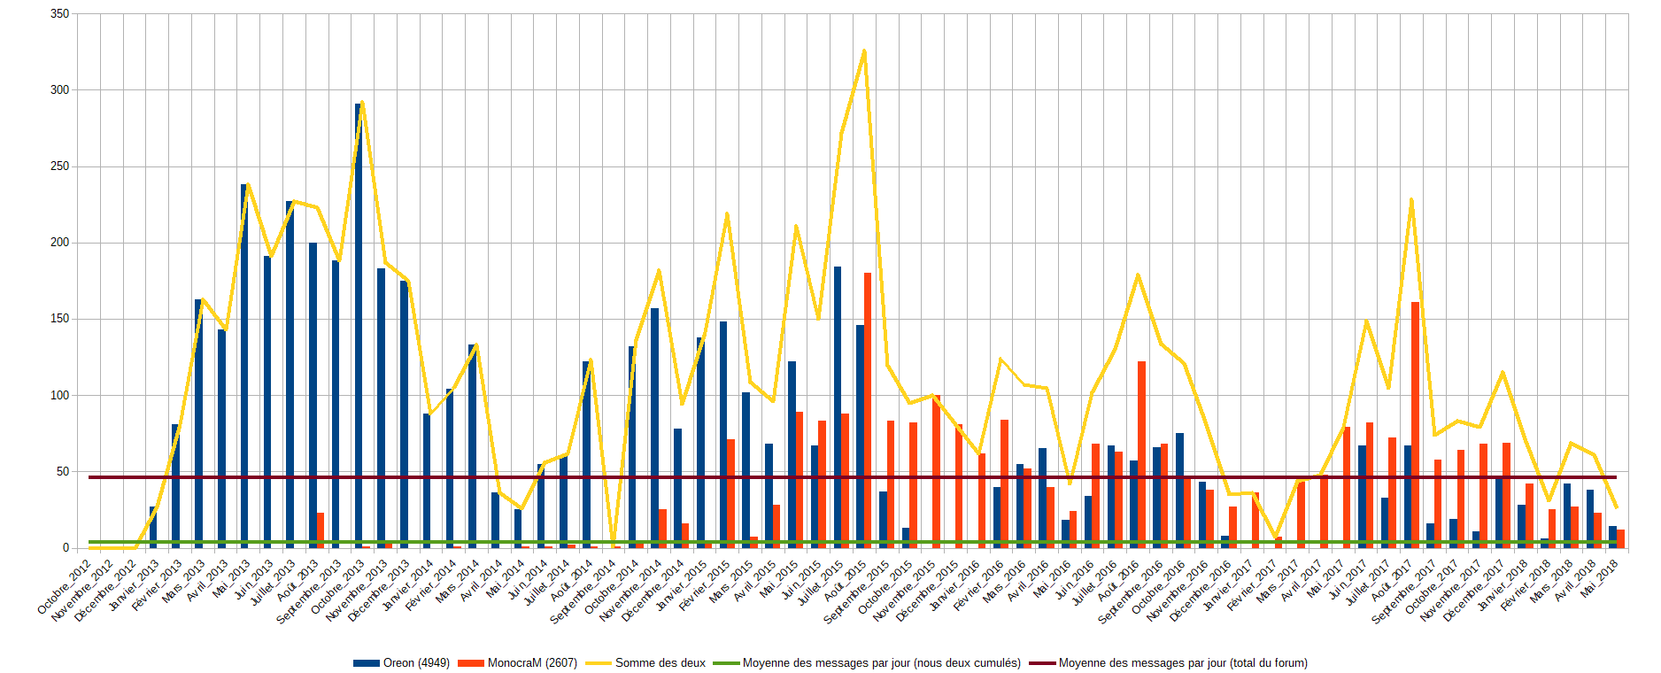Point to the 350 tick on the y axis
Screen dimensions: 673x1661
60,14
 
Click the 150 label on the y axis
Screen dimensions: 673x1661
60,319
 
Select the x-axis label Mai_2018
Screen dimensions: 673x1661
1601,576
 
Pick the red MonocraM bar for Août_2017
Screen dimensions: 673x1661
1415,425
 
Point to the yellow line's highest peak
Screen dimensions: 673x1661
864,51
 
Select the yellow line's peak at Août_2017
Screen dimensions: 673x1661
1411,200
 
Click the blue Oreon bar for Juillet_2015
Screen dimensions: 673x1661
838,407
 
